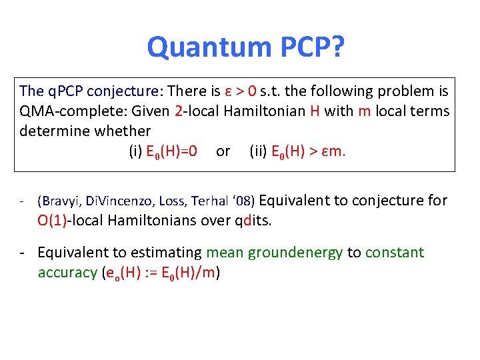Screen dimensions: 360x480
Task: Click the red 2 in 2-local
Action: click(x=178, y=111)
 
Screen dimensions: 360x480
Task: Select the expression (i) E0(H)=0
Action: click(x=163, y=151)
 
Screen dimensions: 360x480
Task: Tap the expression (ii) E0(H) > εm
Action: click(x=297, y=151)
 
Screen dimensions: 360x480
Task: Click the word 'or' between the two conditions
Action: click(x=223, y=152)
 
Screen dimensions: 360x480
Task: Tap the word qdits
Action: click(x=252, y=221)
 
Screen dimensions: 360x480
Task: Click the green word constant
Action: click(x=394, y=253)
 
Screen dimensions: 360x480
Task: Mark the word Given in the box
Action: click(x=149, y=111)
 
